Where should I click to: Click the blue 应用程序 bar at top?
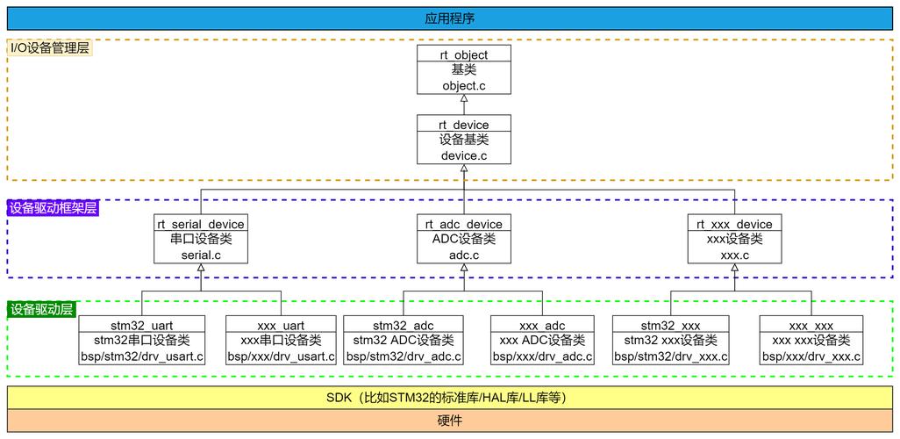tap(449, 18)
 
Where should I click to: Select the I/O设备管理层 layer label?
tap(50, 48)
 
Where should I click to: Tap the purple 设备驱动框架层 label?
tap(53, 208)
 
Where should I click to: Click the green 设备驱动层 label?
tap(41, 310)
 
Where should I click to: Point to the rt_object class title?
tap(463, 54)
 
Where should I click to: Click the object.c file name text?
tap(463, 85)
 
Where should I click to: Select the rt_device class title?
tap(463, 125)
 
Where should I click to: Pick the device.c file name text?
tap(463, 155)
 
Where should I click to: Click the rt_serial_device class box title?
tap(200, 225)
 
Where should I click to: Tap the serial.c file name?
tap(200, 255)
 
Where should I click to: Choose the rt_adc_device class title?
tap(463, 225)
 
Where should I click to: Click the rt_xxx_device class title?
tap(734, 225)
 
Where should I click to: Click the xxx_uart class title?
tap(281, 326)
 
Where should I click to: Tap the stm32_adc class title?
tap(403, 326)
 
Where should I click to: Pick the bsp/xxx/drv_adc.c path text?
tap(542, 356)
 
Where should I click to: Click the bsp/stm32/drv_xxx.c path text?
tap(672, 356)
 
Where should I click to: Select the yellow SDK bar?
tap(449, 397)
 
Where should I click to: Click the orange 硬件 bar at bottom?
tap(449, 421)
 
